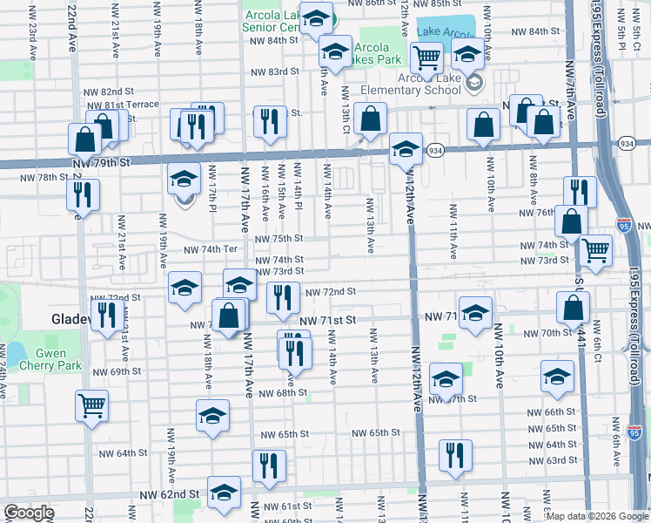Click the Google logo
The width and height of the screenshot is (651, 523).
coord(29,513)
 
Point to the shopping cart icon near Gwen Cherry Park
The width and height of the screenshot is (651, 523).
coord(91,404)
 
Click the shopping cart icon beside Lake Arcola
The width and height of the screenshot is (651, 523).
coord(426,58)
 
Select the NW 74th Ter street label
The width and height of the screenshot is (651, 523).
coord(210,249)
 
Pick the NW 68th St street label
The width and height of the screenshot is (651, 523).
coord(275,392)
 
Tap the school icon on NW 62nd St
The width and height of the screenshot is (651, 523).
coord(224,492)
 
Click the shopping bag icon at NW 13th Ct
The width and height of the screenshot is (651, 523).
coord(370,119)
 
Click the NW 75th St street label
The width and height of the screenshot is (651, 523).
coord(279,239)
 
